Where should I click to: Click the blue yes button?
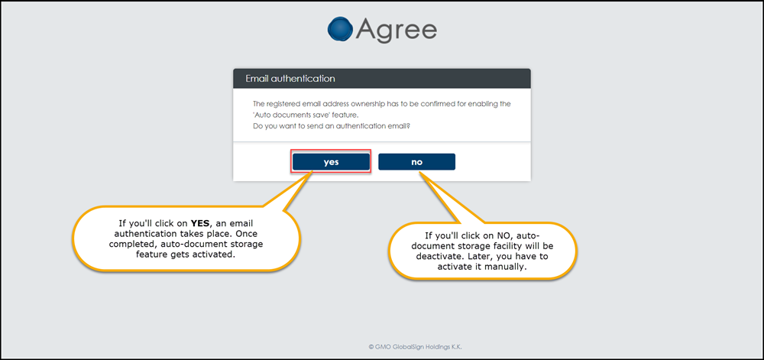coord(331,162)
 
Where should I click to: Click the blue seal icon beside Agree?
coord(340,29)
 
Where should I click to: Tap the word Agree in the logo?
coord(397,31)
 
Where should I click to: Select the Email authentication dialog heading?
coord(290,79)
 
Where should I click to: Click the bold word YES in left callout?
coord(199,224)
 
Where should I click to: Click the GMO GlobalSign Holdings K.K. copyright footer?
coord(414,347)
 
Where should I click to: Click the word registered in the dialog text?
coord(283,104)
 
